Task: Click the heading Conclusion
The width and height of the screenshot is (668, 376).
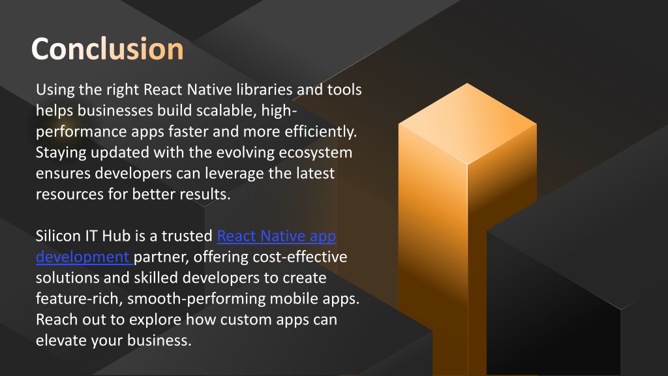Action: pos(108,49)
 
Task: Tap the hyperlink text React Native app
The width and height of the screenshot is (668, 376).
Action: pos(277,236)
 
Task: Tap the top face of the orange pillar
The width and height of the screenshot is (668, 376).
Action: pos(467,123)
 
